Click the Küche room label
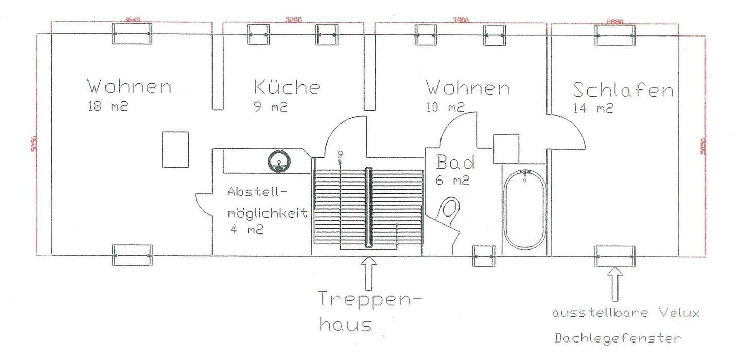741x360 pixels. pos(287,87)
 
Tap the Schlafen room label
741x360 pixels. pos(623,91)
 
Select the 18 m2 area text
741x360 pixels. pos(108,107)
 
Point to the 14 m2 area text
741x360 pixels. pos(593,109)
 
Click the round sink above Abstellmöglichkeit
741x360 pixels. pos(278,161)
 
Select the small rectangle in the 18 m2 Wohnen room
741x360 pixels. pos(175,149)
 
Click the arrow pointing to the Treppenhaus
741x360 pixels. pos(369,270)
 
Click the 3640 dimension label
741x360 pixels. pos(132,20)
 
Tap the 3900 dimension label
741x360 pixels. pos(461,20)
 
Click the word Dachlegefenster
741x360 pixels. pos(617,338)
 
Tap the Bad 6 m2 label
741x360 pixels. pos(455,170)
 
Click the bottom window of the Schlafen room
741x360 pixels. pos(614,256)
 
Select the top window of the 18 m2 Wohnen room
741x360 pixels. pos(132,34)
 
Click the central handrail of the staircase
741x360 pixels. pos(368,207)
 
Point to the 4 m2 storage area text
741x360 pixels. pos(246,230)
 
